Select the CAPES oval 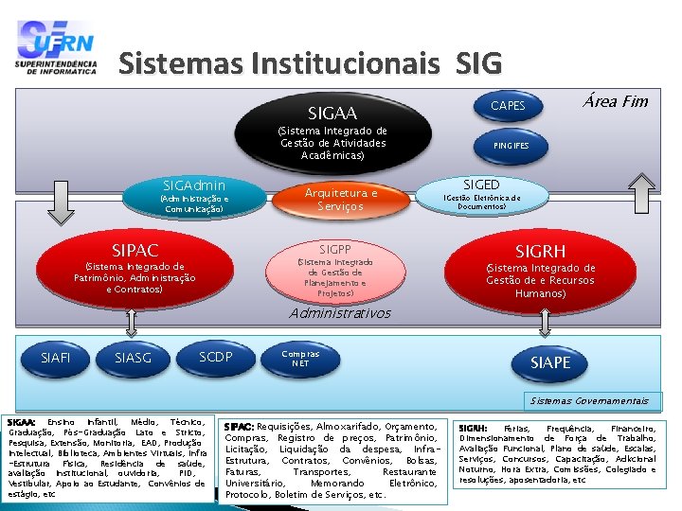(508, 105)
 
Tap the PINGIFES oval (511, 146)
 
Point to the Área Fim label (616, 101)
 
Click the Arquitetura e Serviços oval (340, 199)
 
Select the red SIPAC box (135, 270)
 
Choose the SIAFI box (56, 357)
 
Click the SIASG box (133, 357)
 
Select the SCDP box (216, 356)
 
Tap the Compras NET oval (300, 359)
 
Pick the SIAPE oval (550, 362)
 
